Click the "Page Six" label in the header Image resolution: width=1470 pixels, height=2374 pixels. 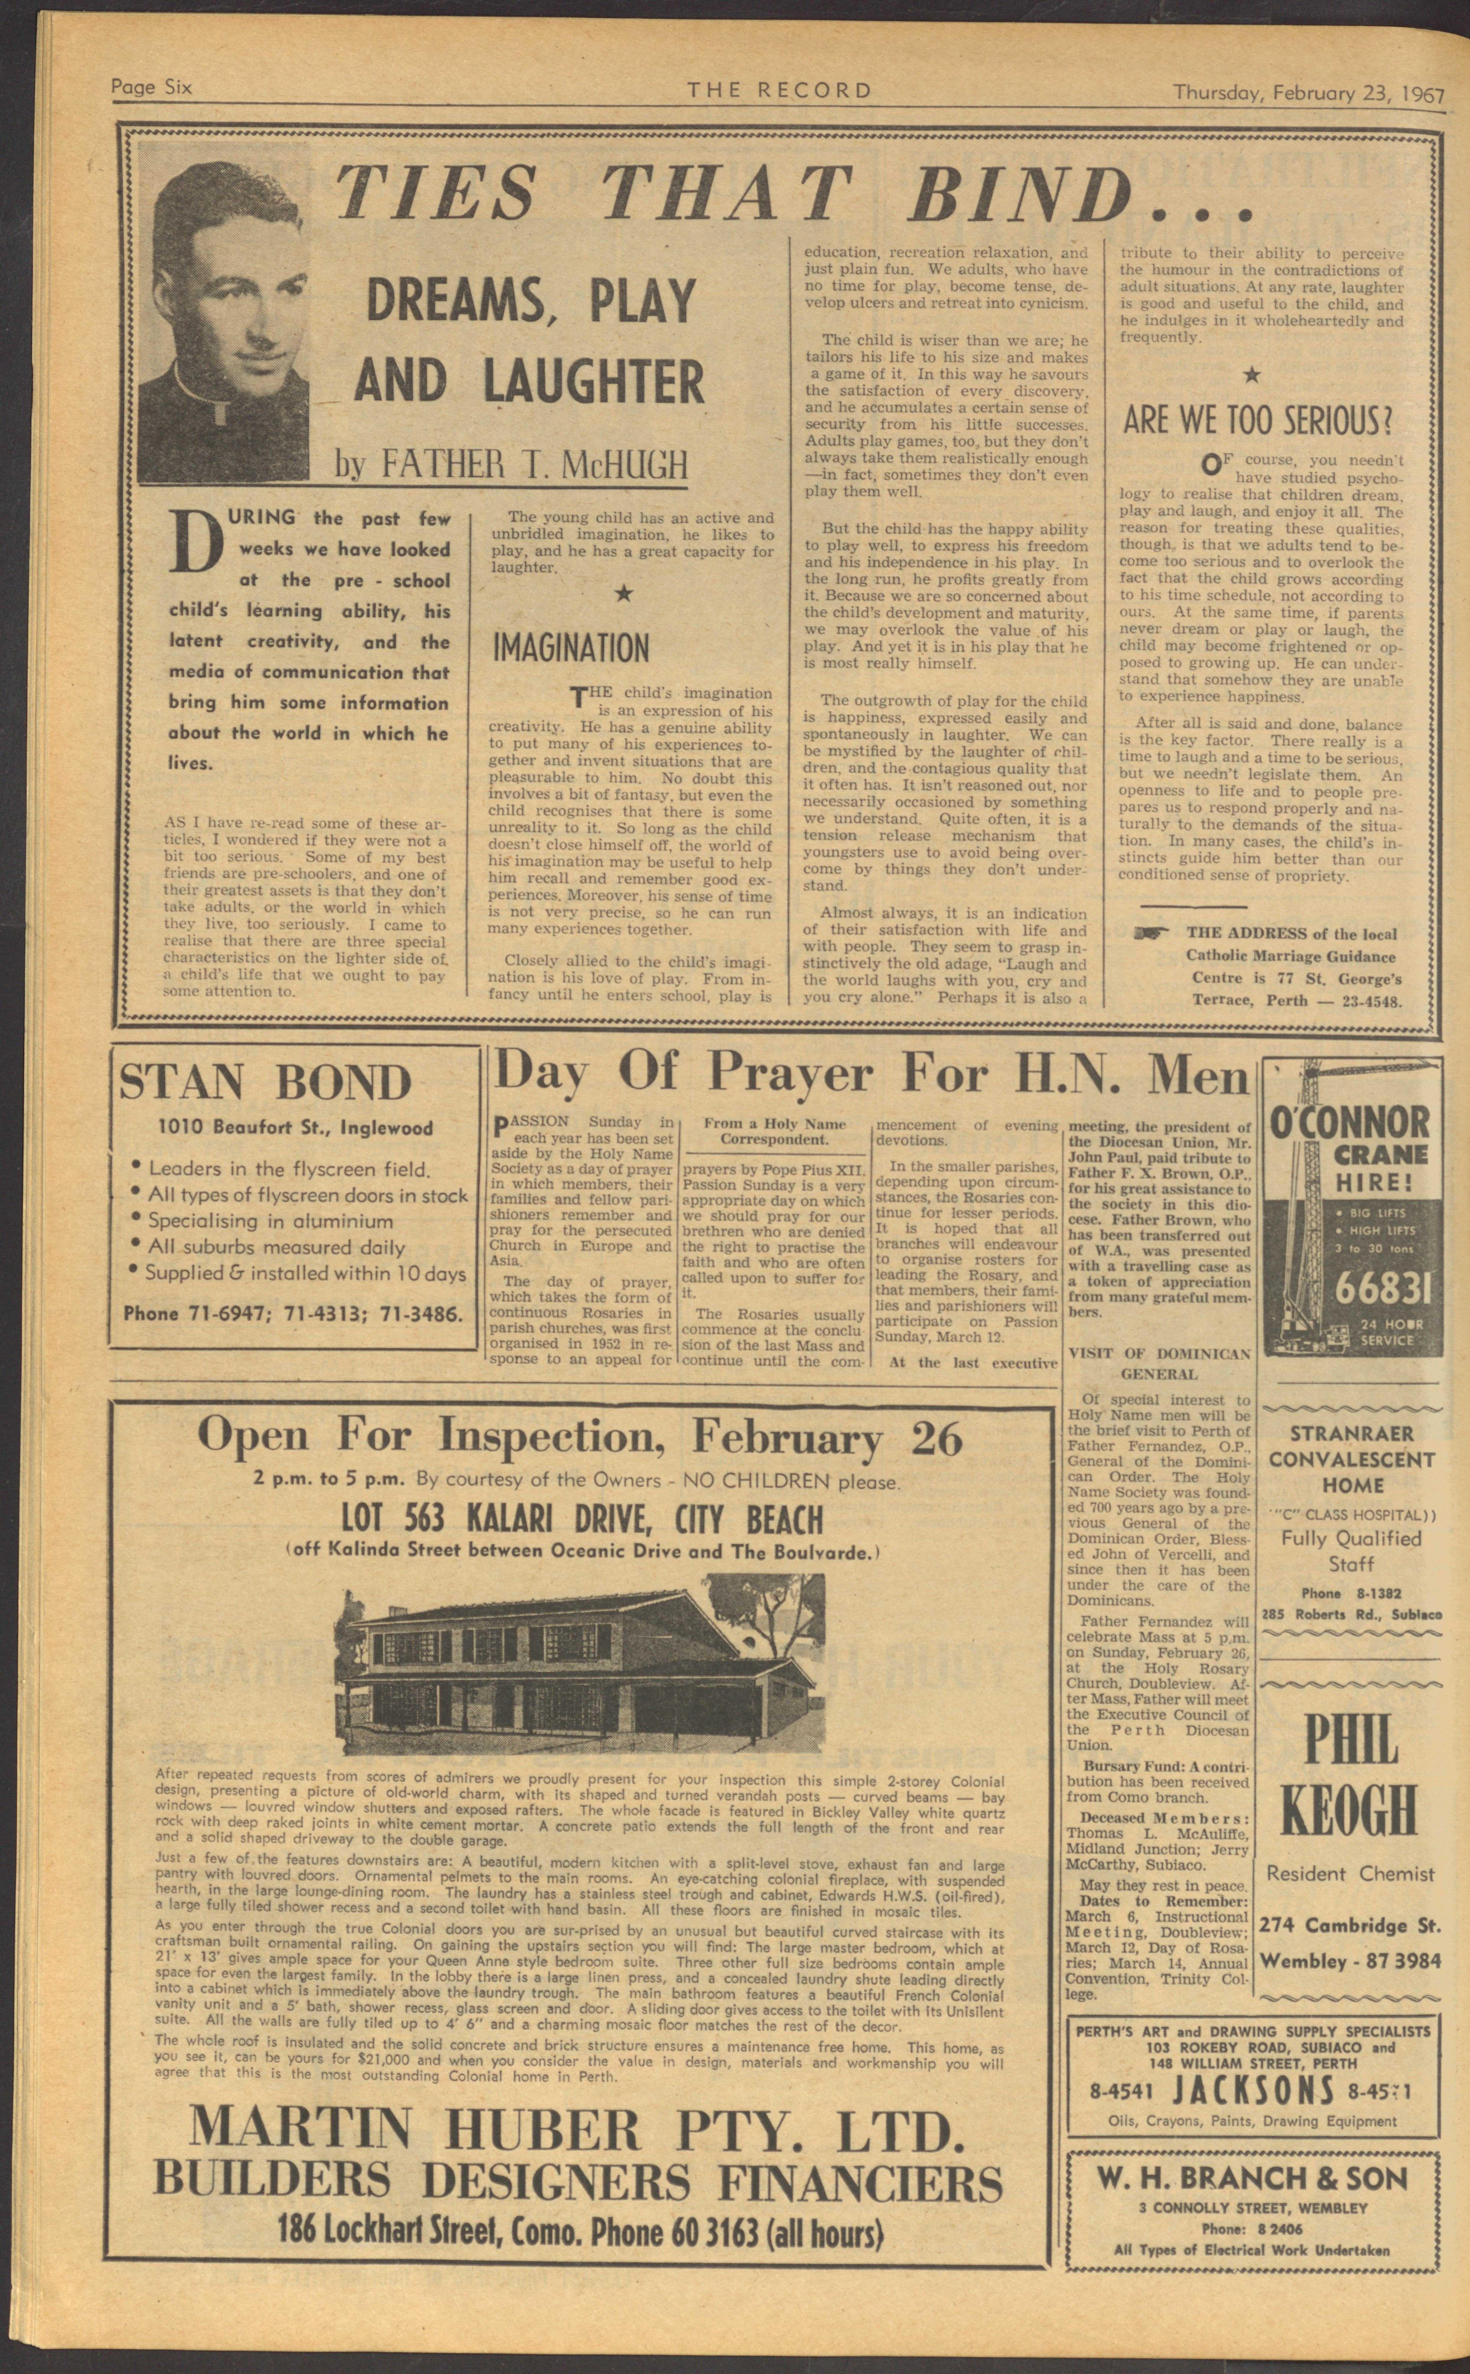152,87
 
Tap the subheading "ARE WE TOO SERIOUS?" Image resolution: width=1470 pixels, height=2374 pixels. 1258,420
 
